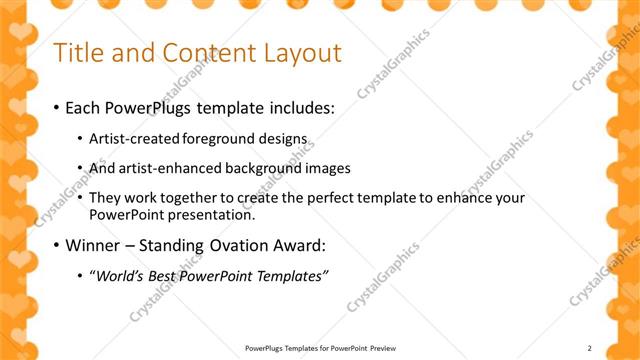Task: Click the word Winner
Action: pyautogui.click(x=96, y=245)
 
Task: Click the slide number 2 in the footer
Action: pyautogui.click(x=590, y=348)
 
